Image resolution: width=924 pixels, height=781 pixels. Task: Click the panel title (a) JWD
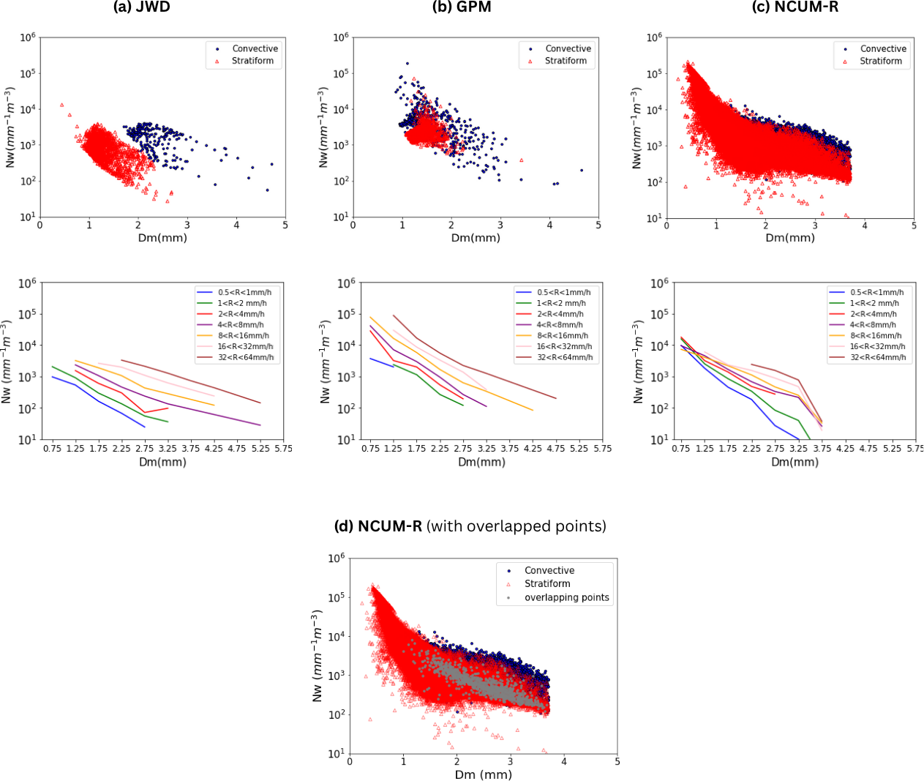coord(142,7)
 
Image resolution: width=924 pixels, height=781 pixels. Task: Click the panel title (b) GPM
coord(462,7)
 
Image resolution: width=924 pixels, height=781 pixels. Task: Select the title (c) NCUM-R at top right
coord(795,7)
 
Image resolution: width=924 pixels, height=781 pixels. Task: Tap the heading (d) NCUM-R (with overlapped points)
coord(470,526)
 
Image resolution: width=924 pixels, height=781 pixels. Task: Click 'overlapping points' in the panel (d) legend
coord(566,597)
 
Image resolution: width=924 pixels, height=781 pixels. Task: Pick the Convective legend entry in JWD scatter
coord(255,49)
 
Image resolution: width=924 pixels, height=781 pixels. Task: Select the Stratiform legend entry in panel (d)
coord(547,583)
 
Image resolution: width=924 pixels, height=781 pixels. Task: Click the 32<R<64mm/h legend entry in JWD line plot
coord(246,357)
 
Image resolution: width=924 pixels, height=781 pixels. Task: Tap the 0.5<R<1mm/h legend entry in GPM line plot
coord(563,292)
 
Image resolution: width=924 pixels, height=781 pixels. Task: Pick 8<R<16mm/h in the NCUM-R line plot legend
coord(875,335)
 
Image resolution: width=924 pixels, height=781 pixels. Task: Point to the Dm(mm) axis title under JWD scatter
coord(162,238)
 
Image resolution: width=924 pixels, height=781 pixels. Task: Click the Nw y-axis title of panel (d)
coord(318,656)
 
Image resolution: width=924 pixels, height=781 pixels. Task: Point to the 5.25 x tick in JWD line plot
coord(260,449)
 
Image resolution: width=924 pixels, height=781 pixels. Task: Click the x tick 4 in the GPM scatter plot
coord(549,225)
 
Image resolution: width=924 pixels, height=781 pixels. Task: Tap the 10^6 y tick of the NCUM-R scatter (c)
coord(654,37)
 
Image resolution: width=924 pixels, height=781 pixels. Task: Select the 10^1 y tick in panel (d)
coord(337,753)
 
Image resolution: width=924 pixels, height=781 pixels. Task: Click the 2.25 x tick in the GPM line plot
coord(440,449)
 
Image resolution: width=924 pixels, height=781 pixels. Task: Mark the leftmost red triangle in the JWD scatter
coord(62,105)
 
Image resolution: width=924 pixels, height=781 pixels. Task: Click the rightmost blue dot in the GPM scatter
coord(582,171)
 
